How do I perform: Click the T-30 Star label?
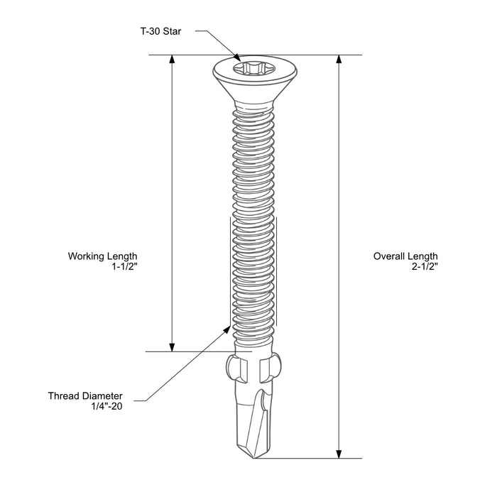161,32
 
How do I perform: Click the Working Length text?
102,256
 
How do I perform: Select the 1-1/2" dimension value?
124,268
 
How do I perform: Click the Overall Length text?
405,256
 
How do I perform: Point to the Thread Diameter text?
85,395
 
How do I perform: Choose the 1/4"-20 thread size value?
106,407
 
